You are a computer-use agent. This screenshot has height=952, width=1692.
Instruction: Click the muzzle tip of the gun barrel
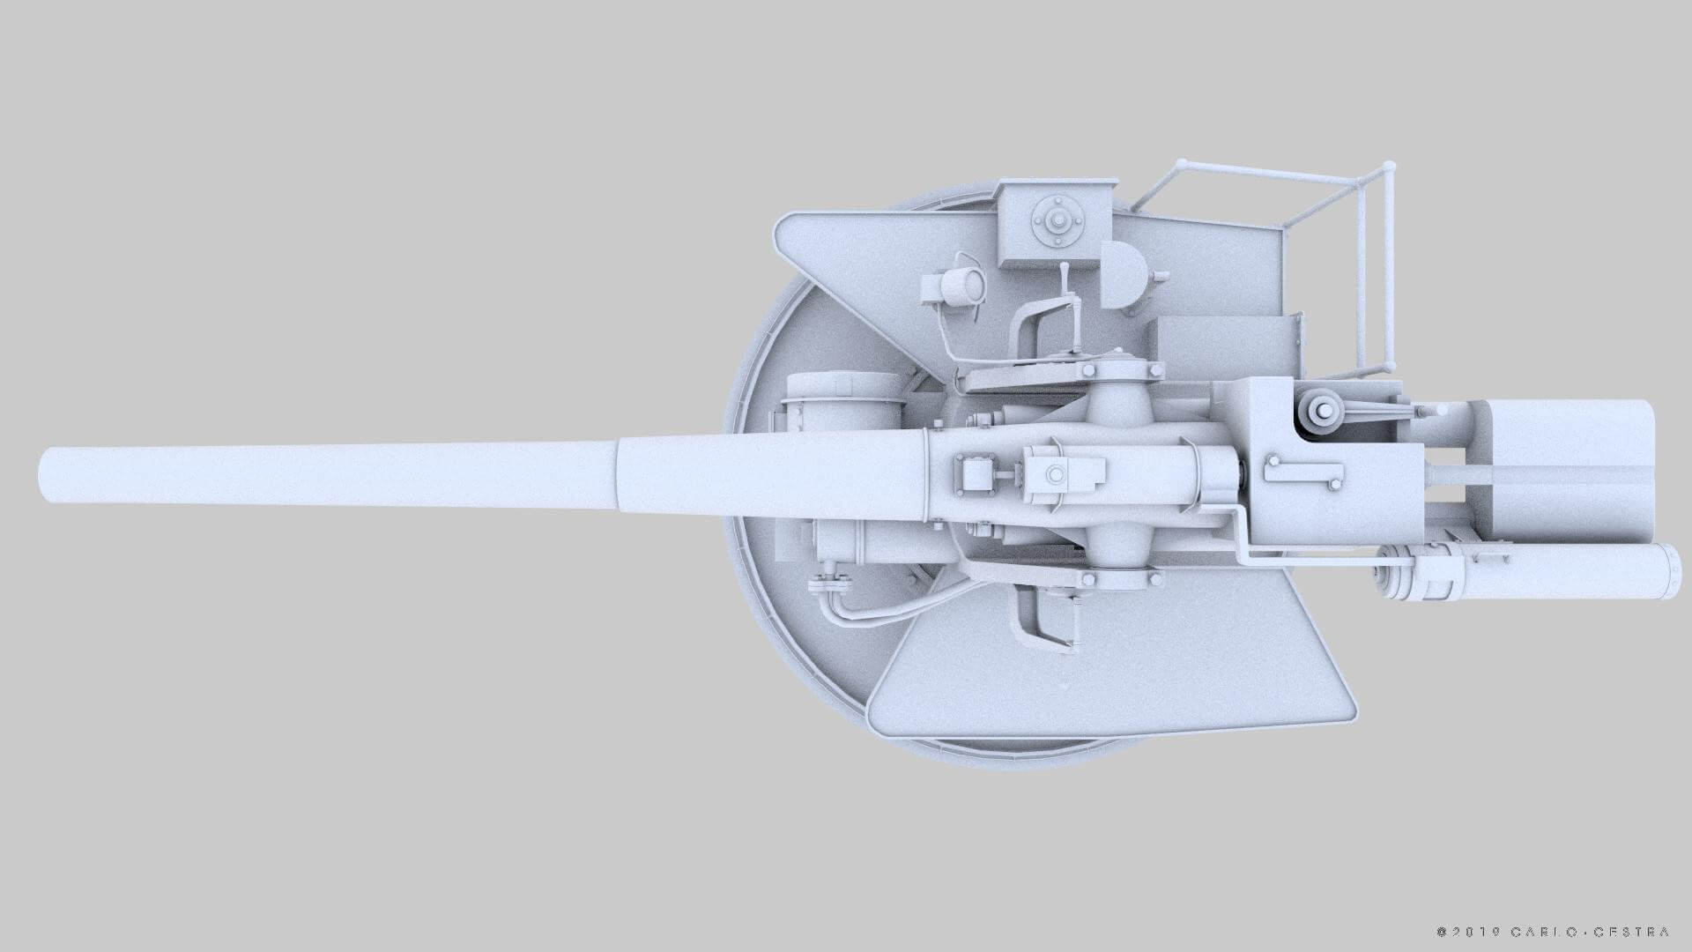pos(44,475)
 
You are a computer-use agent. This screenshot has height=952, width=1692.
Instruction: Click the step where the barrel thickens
pos(620,475)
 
